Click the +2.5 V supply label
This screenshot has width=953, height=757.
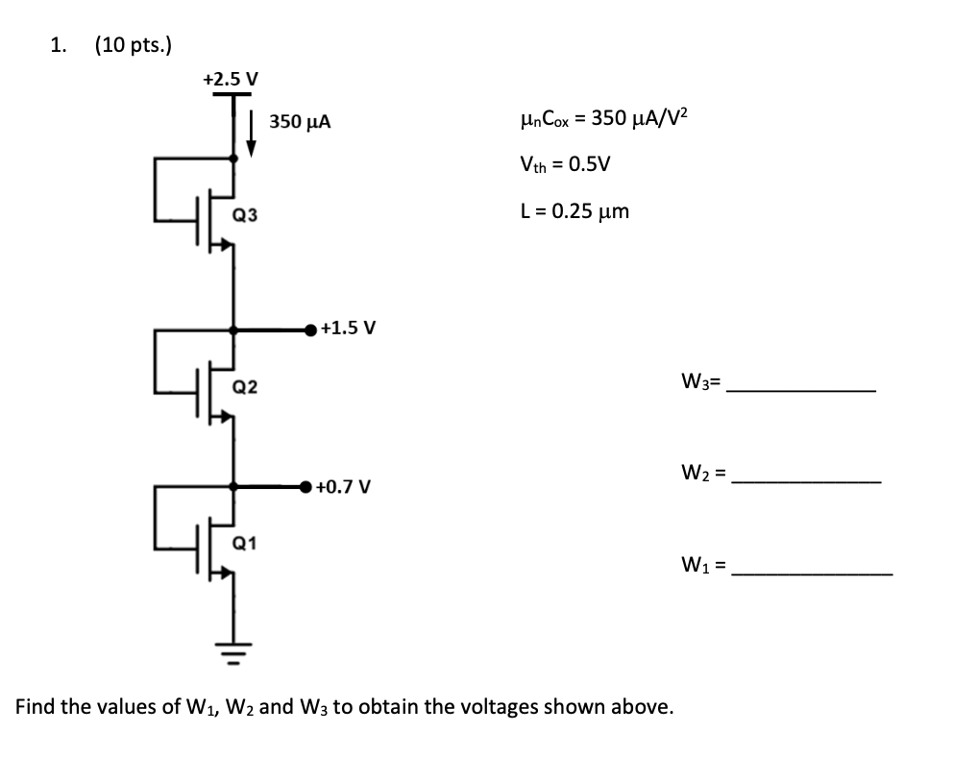click(x=231, y=79)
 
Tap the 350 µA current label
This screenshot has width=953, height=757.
click(x=301, y=121)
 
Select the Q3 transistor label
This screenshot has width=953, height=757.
click(x=245, y=215)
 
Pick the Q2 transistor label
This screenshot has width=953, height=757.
click(x=245, y=387)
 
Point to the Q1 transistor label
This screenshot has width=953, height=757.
click(x=244, y=543)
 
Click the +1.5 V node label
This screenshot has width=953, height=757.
click(x=349, y=329)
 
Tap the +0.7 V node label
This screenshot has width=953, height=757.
click(x=343, y=487)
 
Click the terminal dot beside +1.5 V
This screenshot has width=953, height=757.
click(x=310, y=330)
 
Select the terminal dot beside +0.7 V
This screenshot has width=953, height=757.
click(x=305, y=487)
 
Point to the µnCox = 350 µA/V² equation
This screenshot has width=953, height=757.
click(x=604, y=118)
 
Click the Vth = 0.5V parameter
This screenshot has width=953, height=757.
click(x=565, y=164)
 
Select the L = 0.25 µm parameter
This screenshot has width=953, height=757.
click(x=574, y=211)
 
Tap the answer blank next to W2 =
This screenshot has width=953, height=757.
click(x=807, y=482)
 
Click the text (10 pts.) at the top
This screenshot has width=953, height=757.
click(x=134, y=45)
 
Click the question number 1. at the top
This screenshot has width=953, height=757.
click(x=59, y=45)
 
